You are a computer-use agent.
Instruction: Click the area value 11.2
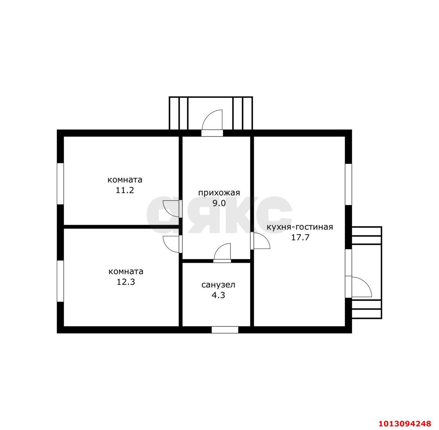click(125, 190)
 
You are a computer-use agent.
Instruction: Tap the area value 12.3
click(126, 282)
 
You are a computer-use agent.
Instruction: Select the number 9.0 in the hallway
click(219, 203)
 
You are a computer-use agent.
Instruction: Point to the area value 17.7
click(300, 237)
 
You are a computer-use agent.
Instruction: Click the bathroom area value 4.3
click(218, 295)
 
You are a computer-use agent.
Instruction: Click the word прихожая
click(219, 193)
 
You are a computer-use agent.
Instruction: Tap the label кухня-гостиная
click(300, 227)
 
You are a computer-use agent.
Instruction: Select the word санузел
click(218, 285)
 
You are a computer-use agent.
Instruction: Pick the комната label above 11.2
click(125, 180)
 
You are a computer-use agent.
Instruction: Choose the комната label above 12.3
click(126, 272)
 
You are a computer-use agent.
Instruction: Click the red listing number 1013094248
click(405, 423)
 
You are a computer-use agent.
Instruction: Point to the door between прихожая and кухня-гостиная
click(260, 241)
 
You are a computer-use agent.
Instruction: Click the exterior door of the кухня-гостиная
click(359, 287)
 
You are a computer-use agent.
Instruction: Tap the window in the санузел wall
click(225, 330)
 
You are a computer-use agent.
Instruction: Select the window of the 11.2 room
click(60, 184)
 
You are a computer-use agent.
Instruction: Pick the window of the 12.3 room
click(60, 281)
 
